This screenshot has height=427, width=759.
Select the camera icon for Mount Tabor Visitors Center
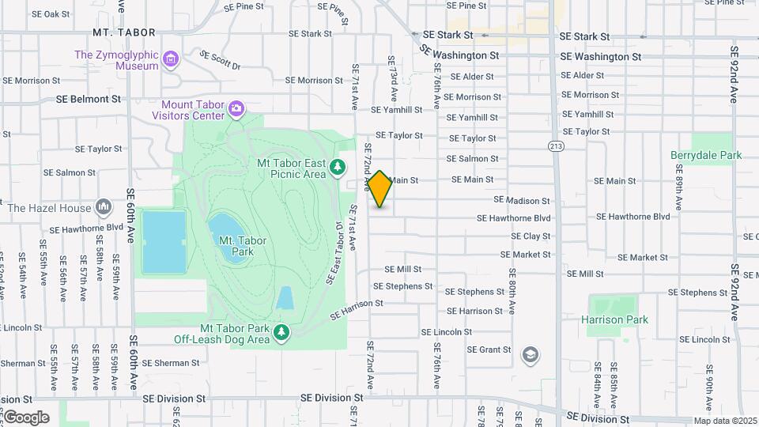click(x=236, y=108)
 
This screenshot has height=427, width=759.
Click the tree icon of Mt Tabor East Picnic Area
click(x=338, y=167)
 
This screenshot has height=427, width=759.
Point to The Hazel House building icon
click(x=104, y=207)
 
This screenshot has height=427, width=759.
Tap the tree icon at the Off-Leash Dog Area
click(x=281, y=333)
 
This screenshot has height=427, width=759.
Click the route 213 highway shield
click(x=557, y=145)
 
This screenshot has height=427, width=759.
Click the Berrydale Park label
click(x=706, y=156)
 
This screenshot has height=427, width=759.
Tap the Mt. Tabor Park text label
click(x=237, y=248)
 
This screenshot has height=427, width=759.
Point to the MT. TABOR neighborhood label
click(x=123, y=32)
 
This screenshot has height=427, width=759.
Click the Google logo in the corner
click(x=26, y=418)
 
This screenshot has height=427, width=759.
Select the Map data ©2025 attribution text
click(x=725, y=421)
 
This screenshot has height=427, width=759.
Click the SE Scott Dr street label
click(x=221, y=61)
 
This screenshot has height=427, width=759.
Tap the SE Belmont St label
click(x=89, y=100)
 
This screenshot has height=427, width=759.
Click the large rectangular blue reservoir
click(x=164, y=241)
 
